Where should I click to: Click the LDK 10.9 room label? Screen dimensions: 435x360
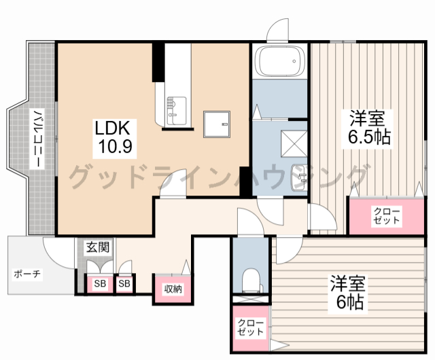click(x=114, y=139)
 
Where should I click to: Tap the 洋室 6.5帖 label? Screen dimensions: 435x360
click(x=367, y=129)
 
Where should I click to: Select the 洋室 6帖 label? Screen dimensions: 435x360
click(x=348, y=294)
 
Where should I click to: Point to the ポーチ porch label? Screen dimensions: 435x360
click(x=27, y=274)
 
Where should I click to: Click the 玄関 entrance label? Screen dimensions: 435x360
click(x=98, y=247)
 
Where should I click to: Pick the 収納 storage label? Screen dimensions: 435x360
click(x=173, y=289)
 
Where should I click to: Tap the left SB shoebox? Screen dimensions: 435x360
click(x=100, y=283)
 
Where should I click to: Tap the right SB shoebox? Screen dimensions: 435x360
click(x=124, y=283)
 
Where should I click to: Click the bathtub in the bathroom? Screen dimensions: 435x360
click(x=279, y=60)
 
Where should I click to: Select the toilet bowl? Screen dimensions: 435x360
click(x=251, y=279)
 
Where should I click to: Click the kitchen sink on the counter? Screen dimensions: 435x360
click(x=176, y=111)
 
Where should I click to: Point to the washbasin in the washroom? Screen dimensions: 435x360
click(x=299, y=178)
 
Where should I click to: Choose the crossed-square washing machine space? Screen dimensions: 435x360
click(x=294, y=144)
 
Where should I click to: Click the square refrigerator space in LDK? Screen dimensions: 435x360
click(x=217, y=124)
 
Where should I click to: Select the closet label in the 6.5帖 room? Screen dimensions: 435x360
click(x=387, y=215)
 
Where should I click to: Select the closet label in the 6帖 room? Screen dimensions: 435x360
click(x=250, y=327)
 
